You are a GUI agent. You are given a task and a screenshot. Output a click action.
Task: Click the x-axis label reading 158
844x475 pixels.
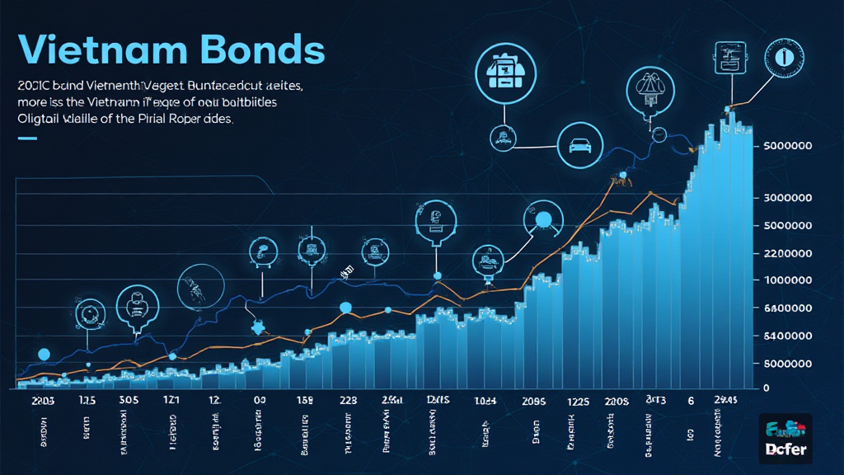pos(306,402)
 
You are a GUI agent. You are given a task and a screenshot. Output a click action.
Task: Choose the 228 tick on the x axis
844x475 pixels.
pos(349,400)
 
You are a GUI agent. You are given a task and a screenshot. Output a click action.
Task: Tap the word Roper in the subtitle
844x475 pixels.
pos(195,119)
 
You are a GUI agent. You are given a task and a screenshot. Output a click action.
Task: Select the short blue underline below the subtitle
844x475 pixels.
pos(27,139)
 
